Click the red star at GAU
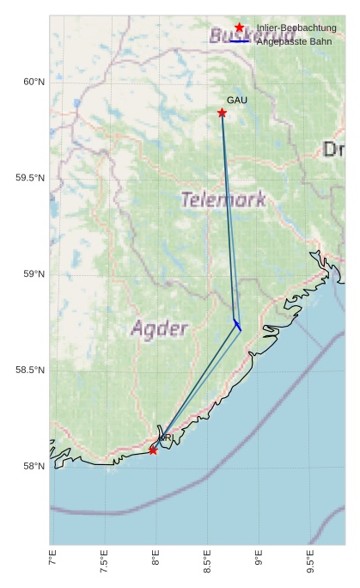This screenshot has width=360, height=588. (x=222, y=113)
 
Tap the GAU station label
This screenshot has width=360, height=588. (x=237, y=101)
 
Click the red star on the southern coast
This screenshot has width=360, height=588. (x=153, y=450)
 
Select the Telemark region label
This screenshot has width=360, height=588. (x=223, y=199)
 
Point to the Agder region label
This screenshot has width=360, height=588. (x=159, y=328)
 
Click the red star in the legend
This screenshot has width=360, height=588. (x=239, y=28)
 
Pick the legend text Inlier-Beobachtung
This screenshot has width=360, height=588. (x=296, y=28)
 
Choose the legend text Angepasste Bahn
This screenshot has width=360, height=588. (x=294, y=41)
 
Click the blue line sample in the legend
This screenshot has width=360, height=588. (x=239, y=41)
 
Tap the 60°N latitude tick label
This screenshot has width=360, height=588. (x=33, y=82)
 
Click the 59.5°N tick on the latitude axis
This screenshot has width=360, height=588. (x=29, y=178)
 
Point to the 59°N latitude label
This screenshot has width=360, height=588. (x=33, y=274)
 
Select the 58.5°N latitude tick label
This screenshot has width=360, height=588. (x=29, y=371)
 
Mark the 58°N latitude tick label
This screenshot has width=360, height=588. (x=33, y=467)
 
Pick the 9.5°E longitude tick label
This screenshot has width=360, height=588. (x=310, y=561)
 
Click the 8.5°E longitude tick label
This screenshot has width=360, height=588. (x=207, y=561)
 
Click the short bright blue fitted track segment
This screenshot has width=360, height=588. (x=237, y=325)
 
